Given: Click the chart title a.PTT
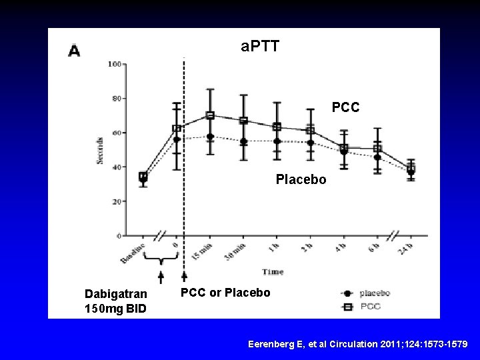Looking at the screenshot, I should [260, 47].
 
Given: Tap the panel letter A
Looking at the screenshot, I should [75, 51].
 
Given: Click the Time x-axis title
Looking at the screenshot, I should [273, 272].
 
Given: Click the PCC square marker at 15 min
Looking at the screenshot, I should [210, 115].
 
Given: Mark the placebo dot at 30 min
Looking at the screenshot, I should [244, 141].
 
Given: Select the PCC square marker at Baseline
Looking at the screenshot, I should [143, 177].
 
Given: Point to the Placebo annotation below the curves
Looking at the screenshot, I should [301, 179].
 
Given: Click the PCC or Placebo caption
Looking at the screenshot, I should [226, 292].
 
